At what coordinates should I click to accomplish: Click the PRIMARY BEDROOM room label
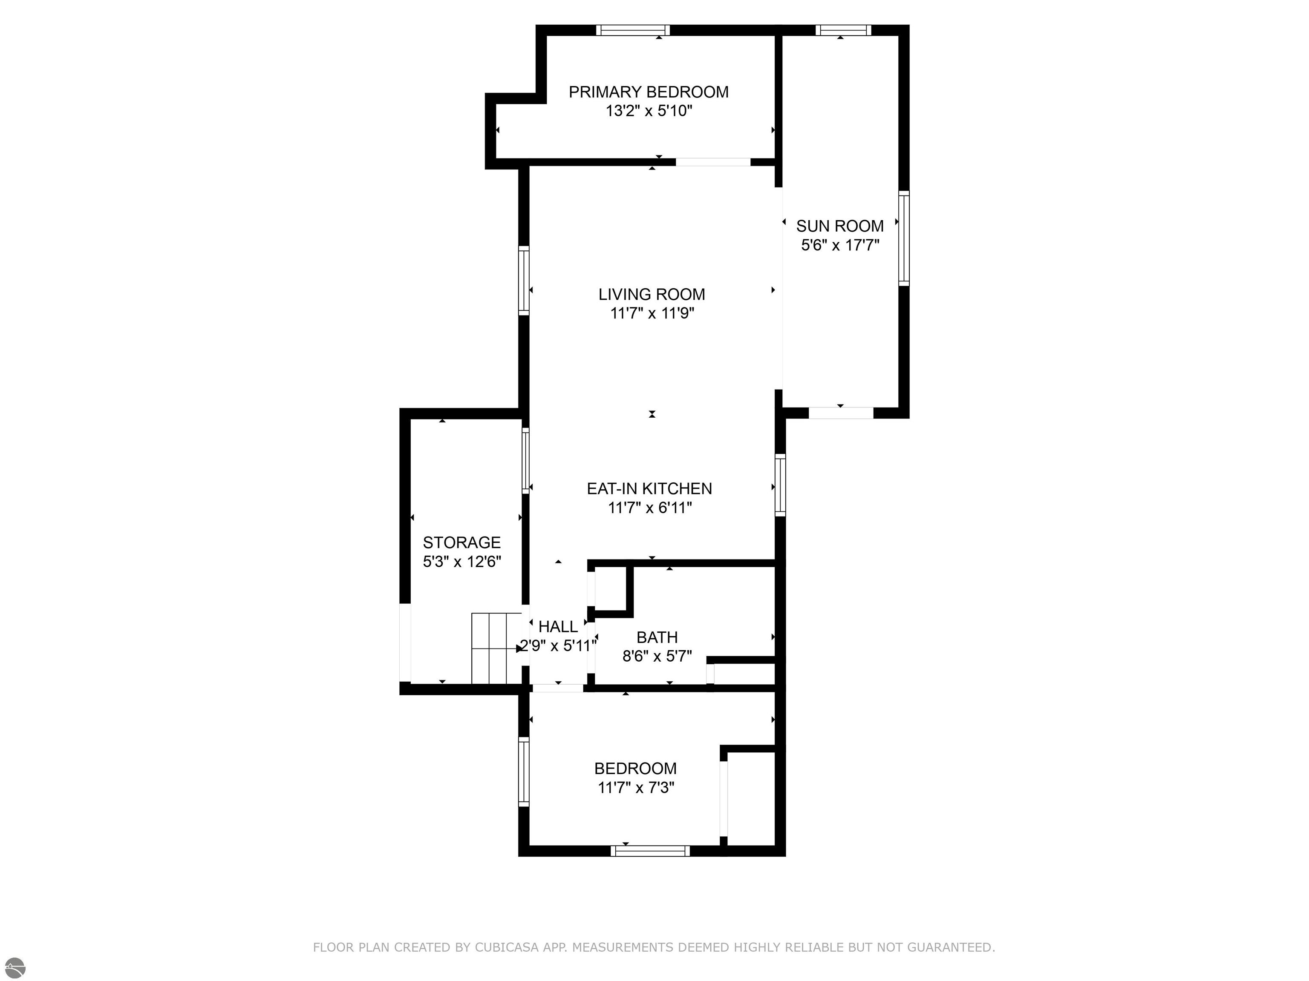tap(649, 92)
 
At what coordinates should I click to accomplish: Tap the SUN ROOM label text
tap(840, 226)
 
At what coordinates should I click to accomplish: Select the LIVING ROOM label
tap(652, 295)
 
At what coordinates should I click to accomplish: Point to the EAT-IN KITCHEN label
tap(649, 488)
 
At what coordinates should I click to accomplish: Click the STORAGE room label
tap(461, 542)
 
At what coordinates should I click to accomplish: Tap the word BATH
tap(657, 637)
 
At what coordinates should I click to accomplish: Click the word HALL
tap(558, 627)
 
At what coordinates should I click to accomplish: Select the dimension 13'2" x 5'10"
tap(649, 111)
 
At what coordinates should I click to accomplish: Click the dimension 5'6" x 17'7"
tap(840, 245)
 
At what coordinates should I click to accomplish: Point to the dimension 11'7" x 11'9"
tap(652, 313)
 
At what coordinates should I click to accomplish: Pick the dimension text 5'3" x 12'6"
tap(461, 561)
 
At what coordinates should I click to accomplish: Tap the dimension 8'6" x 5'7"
tap(657, 657)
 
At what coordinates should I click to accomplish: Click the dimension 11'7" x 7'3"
tap(636, 788)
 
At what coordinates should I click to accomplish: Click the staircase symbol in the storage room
tap(496, 648)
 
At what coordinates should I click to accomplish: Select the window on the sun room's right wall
tap(904, 238)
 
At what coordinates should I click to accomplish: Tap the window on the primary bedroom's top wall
tap(633, 30)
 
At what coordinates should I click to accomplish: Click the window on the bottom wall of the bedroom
tap(650, 851)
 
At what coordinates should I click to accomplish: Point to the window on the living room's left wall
tap(524, 280)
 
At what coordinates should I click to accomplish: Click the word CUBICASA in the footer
tap(507, 947)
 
